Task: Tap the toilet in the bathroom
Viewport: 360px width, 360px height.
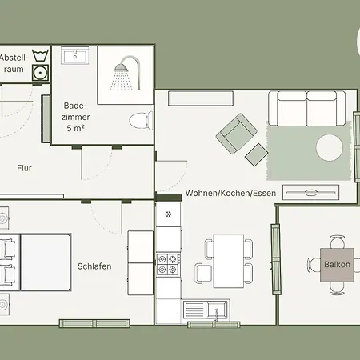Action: (141, 121)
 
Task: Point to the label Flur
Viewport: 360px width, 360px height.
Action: (25, 168)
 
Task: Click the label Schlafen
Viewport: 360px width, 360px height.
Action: (94, 266)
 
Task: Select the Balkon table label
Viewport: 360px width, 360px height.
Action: (337, 263)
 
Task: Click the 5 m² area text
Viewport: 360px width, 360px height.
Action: (76, 128)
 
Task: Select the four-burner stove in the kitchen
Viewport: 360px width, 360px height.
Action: (169, 262)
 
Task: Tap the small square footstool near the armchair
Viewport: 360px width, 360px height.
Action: (257, 153)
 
